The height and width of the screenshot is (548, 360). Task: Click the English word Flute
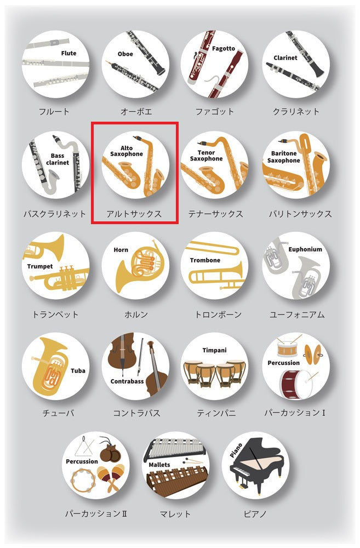[x=68, y=53]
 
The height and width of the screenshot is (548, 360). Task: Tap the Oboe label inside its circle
[x=125, y=54]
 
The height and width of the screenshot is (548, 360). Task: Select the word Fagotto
[x=224, y=49]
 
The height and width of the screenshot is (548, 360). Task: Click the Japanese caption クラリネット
[x=296, y=111]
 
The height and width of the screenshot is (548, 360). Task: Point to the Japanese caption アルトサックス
[x=134, y=214]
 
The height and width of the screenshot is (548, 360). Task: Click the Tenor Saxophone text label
[x=206, y=156]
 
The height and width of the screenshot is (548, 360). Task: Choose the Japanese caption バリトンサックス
[x=300, y=214]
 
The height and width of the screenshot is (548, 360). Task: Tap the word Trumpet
[x=40, y=266]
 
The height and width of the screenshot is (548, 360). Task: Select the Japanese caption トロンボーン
[x=218, y=315]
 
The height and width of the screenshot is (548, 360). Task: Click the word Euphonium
[x=305, y=249]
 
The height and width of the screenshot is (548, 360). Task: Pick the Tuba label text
[x=78, y=370]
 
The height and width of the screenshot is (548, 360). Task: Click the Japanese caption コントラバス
[x=136, y=413]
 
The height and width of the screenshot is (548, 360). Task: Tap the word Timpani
[x=215, y=350]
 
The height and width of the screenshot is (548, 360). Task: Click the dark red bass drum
[x=295, y=384]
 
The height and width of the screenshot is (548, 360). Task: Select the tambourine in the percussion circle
[x=83, y=480]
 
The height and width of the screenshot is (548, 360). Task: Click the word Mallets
[x=159, y=465]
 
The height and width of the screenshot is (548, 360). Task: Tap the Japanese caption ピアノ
[x=255, y=514]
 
